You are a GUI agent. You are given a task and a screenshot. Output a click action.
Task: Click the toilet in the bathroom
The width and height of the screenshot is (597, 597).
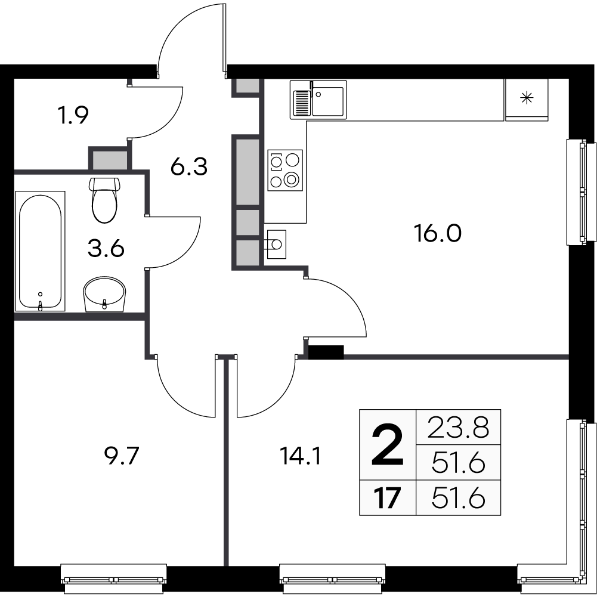pyautogui.click(x=107, y=200)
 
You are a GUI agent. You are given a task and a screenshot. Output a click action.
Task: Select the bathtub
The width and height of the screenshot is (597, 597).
pyautogui.click(x=41, y=250)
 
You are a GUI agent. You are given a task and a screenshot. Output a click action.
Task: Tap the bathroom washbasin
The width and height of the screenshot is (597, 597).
pyautogui.click(x=105, y=293)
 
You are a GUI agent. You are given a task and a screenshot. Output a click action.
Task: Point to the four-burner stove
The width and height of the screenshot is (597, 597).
pyautogui.click(x=285, y=170)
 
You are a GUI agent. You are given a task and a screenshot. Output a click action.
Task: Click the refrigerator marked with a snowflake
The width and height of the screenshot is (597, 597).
pyautogui.click(x=526, y=99)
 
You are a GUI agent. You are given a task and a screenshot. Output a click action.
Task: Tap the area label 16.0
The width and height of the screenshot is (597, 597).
pyautogui.click(x=438, y=233)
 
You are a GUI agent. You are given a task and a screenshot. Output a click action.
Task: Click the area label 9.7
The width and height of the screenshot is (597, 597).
pyautogui.click(x=122, y=457)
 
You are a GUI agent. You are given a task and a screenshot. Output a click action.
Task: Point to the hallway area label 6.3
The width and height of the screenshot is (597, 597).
pyautogui.click(x=188, y=168)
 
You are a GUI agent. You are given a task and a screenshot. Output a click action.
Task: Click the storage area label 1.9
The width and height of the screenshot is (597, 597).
pyautogui.click(x=73, y=115)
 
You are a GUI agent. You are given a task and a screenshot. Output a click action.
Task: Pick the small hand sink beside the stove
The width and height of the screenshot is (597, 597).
pyautogui.click(x=276, y=244)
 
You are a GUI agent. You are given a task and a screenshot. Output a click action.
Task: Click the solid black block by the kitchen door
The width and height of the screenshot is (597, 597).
pyautogui.click(x=326, y=352)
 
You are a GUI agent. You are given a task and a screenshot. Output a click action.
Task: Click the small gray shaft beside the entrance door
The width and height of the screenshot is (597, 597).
pyautogui.click(x=245, y=86)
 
